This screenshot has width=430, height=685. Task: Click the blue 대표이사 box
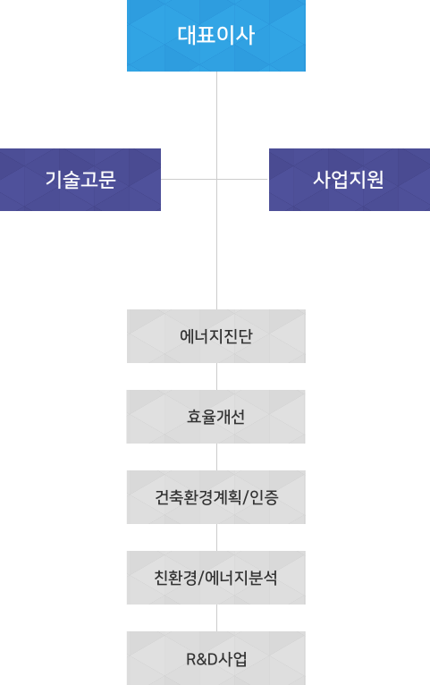216,36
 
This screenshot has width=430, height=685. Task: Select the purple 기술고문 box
80,180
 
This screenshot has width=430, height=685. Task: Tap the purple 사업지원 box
350,180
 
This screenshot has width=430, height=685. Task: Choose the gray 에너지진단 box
216,336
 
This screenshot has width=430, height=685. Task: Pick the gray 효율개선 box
216,417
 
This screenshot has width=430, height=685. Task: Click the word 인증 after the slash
265,497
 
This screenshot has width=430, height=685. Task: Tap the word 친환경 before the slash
175,578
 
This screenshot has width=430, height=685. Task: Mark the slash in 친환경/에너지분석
201,578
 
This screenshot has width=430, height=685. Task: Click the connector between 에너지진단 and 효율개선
216,376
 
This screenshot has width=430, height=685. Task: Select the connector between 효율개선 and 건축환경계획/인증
216,457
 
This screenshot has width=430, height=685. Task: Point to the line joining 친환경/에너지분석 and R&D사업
216,618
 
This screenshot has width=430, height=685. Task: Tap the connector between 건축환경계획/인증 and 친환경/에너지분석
216,537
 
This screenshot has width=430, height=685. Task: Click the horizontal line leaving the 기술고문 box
189,179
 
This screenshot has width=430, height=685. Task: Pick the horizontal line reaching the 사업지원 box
242,179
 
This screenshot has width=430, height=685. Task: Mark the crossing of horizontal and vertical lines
216,179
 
